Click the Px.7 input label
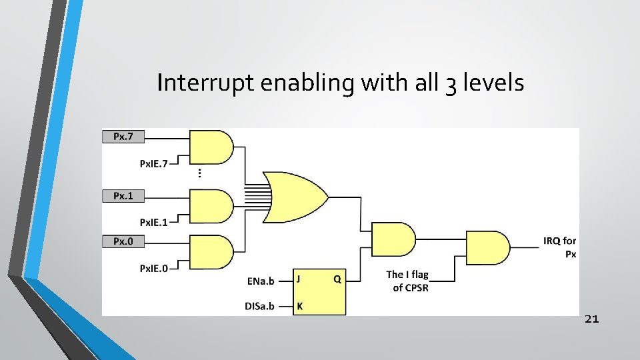pos(123,136)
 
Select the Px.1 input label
pos(123,195)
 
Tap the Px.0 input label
pos(123,241)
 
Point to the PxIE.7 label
pos(153,163)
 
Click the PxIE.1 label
pos(153,222)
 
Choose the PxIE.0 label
pos(153,268)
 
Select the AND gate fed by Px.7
pos(211,147)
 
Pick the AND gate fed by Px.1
pos(211,206)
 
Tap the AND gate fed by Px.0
pos(211,252)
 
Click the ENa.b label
pos(261,281)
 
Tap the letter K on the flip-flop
pos(299,307)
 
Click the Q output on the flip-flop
pos(337,280)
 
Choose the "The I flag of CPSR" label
pos(407,281)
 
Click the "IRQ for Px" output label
pos(560,247)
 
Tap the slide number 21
pos(591,319)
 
